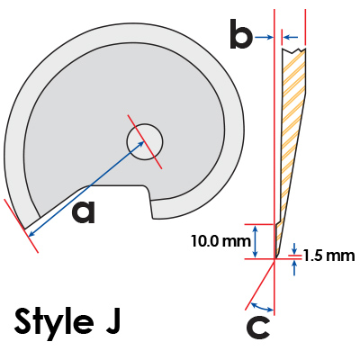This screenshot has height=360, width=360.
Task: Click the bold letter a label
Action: tap(84, 212)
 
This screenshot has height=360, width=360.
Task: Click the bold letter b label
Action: tap(241, 34)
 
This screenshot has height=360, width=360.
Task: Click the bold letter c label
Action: tap(258, 328)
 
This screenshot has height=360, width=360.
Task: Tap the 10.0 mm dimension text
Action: tap(220, 241)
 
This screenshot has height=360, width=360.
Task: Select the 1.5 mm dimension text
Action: tap(328, 256)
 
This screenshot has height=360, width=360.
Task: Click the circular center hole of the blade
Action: tap(145, 141)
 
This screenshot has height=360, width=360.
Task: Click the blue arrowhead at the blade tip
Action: tap(30, 234)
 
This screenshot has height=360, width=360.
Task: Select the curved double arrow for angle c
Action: tap(262, 307)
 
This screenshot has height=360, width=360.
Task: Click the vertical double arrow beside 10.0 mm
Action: tap(255, 241)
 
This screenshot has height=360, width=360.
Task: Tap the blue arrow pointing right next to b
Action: tap(264, 37)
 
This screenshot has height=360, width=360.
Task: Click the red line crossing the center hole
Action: tap(145, 141)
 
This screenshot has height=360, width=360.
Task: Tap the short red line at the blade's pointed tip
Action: tap(21, 226)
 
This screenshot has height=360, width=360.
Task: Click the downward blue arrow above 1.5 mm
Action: tap(294, 248)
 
